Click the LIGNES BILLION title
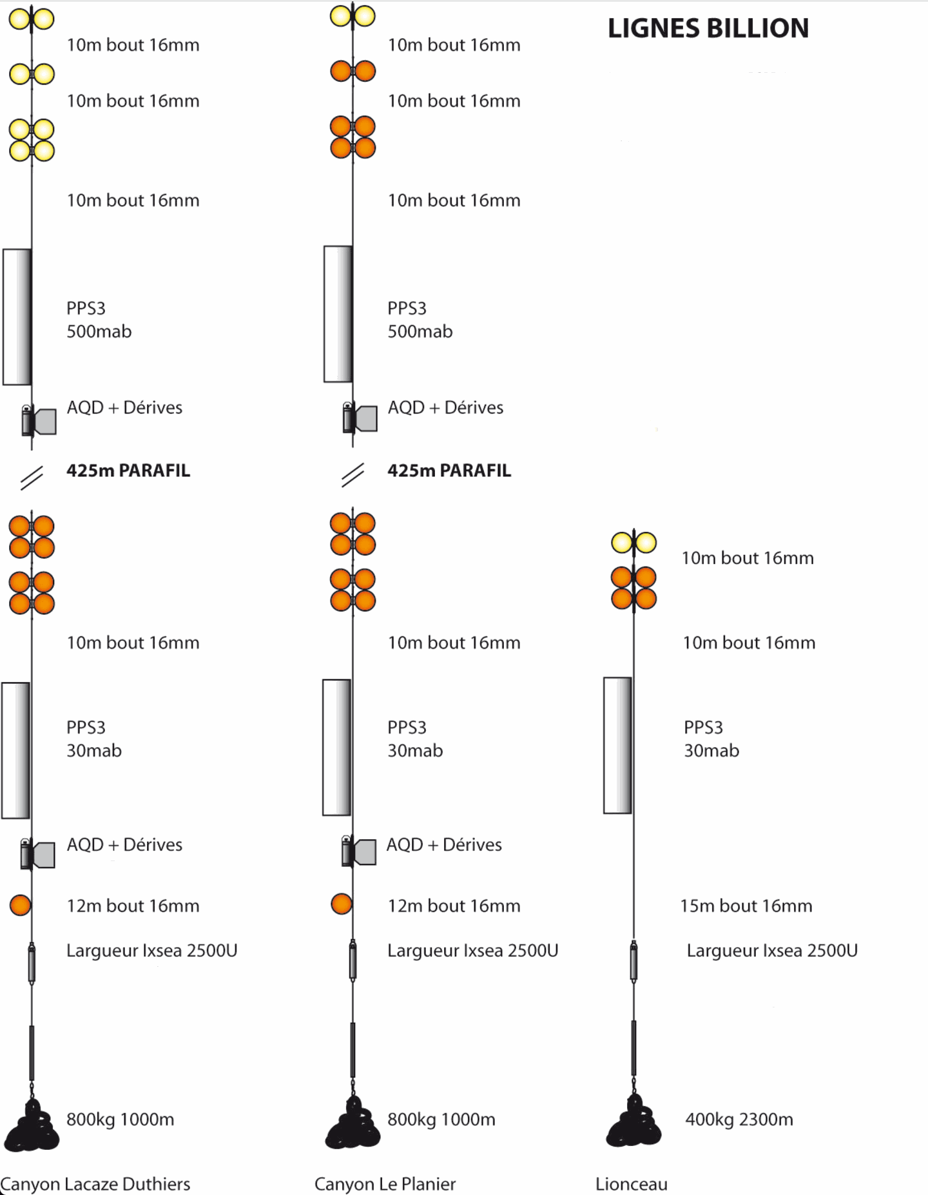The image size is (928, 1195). coord(708,28)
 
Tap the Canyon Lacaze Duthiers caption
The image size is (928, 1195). coord(95,1184)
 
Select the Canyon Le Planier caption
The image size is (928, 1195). coord(385,1184)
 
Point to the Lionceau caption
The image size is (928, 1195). coord(632,1184)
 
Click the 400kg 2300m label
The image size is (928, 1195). coord(739,1120)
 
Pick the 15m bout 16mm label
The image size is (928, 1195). coord(746,906)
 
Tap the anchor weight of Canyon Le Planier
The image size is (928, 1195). coord(353,1122)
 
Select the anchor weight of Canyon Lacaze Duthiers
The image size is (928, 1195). coord(32,1124)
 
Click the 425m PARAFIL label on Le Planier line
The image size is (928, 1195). coord(449,471)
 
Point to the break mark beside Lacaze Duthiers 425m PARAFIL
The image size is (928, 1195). coord(32,478)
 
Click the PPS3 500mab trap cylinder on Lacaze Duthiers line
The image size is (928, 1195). coord(17,316)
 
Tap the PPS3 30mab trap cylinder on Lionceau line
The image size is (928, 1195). coord(617,745)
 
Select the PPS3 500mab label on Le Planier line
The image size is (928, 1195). coord(420,320)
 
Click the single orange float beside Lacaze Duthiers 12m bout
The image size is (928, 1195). coord(21,905)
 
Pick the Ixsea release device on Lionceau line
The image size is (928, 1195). coord(634,961)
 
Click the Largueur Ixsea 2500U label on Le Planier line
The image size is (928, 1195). coord(473,951)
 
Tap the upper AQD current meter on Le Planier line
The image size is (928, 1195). coord(359,418)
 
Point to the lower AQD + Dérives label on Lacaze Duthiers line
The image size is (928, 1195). coord(125,844)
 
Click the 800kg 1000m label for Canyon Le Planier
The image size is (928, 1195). coord(441,1120)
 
